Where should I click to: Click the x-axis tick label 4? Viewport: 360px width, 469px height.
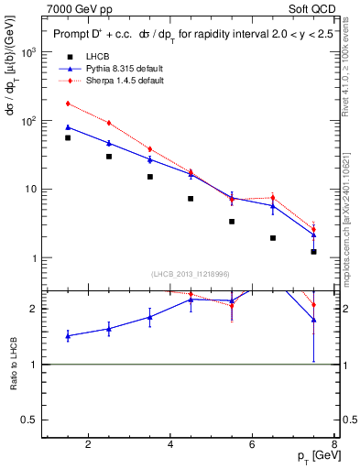170,445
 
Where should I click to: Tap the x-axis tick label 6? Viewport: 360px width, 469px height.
253,445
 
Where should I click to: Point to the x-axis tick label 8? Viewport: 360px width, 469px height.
334,445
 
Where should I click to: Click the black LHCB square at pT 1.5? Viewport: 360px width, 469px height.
68,137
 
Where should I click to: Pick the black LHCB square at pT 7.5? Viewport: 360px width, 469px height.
313,251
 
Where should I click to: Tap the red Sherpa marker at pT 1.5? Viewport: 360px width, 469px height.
68,104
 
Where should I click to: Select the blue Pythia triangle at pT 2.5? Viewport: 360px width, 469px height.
109,143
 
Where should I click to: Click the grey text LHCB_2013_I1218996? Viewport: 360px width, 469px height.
190,274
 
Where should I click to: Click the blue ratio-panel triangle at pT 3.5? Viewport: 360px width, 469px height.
150,317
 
